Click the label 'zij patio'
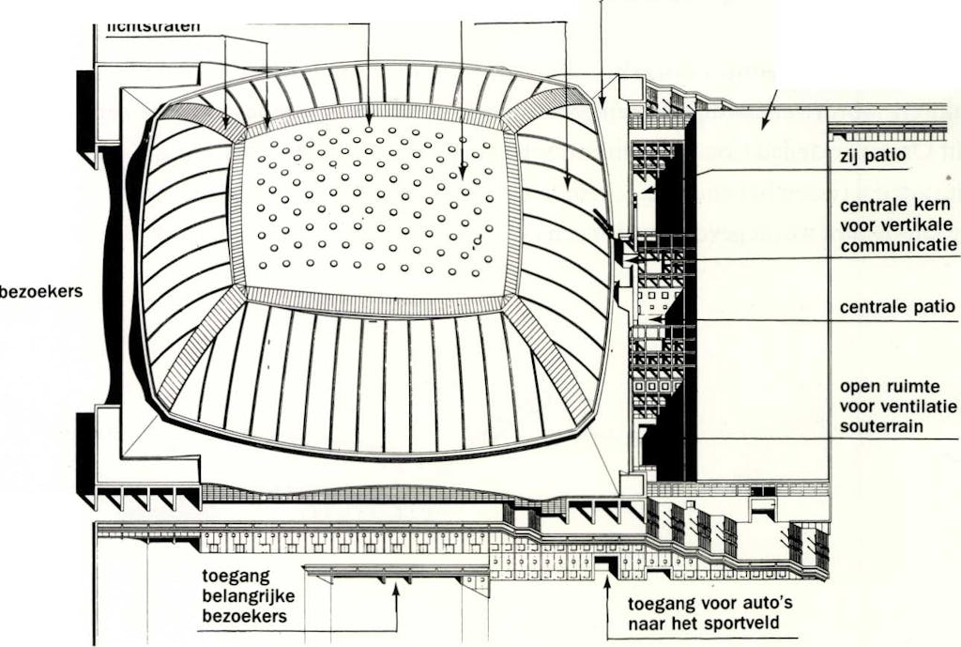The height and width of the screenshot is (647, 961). click(x=873, y=157)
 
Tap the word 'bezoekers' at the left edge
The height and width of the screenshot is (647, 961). click(x=41, y=291)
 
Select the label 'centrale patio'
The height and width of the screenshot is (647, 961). click(x=897, y=307)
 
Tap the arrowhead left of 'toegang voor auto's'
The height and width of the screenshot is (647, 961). click(x=606, y=589)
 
